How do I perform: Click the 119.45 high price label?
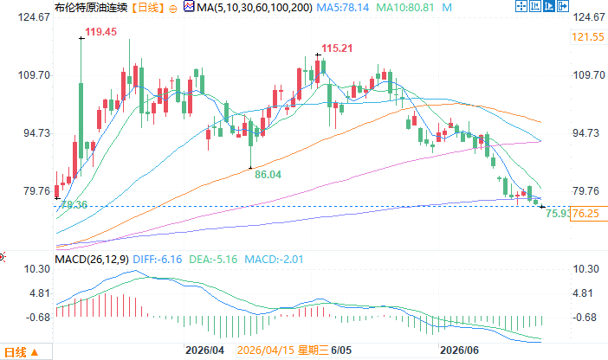(100, 32)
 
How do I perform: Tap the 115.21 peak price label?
(337, 48)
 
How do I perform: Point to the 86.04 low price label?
(268, 175)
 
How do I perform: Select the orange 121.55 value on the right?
(588, 37)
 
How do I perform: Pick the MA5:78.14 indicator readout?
(343, 8)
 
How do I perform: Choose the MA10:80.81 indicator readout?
(405, 8)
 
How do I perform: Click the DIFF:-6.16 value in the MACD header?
(158, 260)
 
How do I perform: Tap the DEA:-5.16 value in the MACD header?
(213, 260)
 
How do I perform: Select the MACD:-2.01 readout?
(274, 260)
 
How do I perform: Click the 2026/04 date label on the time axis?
(204, 350)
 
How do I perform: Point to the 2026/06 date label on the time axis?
(460, 350)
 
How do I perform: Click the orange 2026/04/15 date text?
(266, 350)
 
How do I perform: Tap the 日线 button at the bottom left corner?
(22, 352)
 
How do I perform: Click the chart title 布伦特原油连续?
(92, 8)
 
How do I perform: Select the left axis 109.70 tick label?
(35, 75)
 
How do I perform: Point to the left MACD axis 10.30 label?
(37, 269)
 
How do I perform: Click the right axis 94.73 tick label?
(585, 133)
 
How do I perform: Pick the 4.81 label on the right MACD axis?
(583, 293)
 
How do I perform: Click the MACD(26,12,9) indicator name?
(92, 260)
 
